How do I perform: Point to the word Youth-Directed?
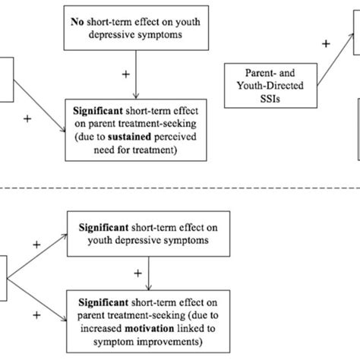[263, 86]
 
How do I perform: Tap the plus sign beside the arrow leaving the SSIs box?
[327, 44]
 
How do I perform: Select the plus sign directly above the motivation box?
[137, 272]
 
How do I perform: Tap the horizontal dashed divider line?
[180, 188]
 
